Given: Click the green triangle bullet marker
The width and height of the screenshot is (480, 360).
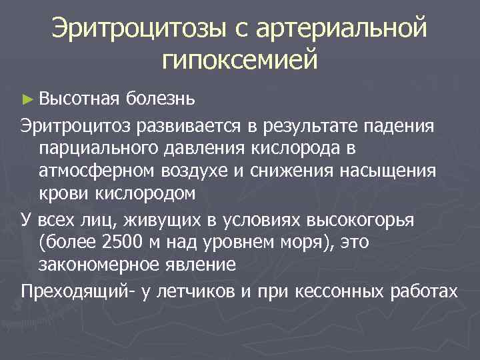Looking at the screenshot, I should [x=26, y=99].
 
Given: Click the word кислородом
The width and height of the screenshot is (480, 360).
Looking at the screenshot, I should [x=144, y=194].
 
